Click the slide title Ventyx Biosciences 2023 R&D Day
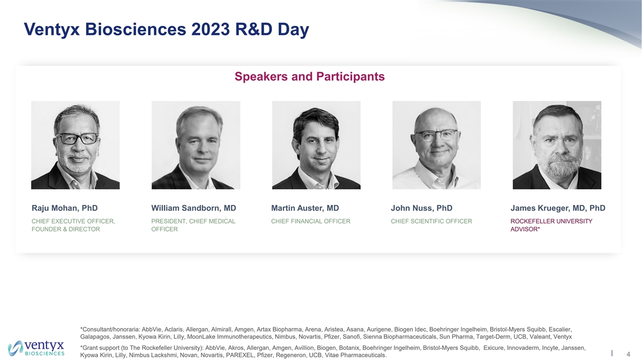coord(166,29)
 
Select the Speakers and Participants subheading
coord(310,76)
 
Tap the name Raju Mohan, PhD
coord(65,208)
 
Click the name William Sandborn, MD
coord(194,208)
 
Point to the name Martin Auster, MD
coord(305,208)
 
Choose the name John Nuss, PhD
coord(422,208)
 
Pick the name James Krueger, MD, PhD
coord(557,208)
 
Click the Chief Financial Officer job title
coord(311,221)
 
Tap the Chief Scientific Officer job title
coord(431,221)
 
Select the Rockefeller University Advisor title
coord(551,225)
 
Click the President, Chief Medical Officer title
coord(193,225)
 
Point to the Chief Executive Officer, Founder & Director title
coord(73,225)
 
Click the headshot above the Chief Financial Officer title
coord(316,145)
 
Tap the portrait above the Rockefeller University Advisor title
coord(557,145)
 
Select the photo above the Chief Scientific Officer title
coord(437,145)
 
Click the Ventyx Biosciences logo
coord(36,348)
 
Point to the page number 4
coord(629,354)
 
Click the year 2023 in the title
coord(210,29)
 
